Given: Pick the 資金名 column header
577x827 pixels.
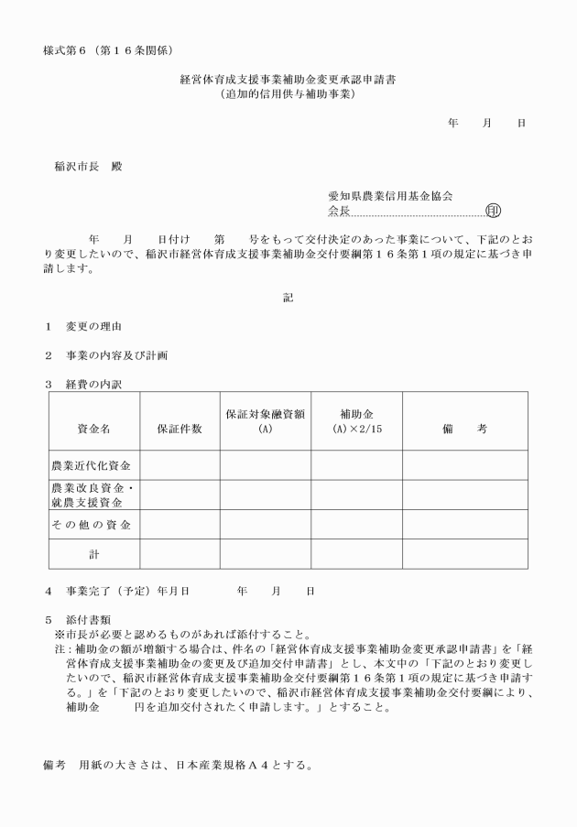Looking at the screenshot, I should pos(93,429).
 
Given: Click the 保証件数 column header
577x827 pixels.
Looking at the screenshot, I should pos(180,429).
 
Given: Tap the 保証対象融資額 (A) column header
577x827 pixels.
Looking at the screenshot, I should pos(265,420).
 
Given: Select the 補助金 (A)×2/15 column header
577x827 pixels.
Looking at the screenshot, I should pos(355,420).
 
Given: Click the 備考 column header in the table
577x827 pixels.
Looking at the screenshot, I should pos(463,429).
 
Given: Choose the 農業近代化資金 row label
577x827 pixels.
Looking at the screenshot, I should pos(93,465).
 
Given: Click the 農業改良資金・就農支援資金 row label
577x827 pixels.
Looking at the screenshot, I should pos(93,495).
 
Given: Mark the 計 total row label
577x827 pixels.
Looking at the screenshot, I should pos(93,554).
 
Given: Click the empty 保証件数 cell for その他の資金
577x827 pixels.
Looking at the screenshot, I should pos(180,525).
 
